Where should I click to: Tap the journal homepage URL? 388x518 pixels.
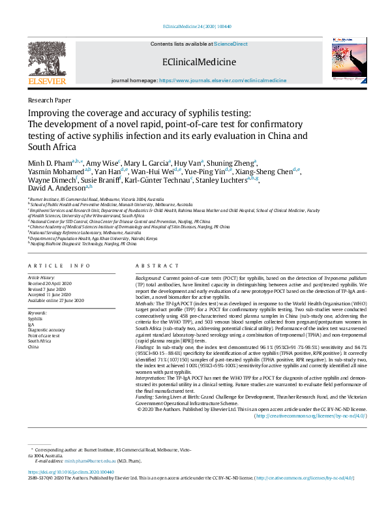(222, 80)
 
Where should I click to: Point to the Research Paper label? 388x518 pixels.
(50, 100)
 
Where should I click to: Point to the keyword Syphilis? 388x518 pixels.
(35, 319)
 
